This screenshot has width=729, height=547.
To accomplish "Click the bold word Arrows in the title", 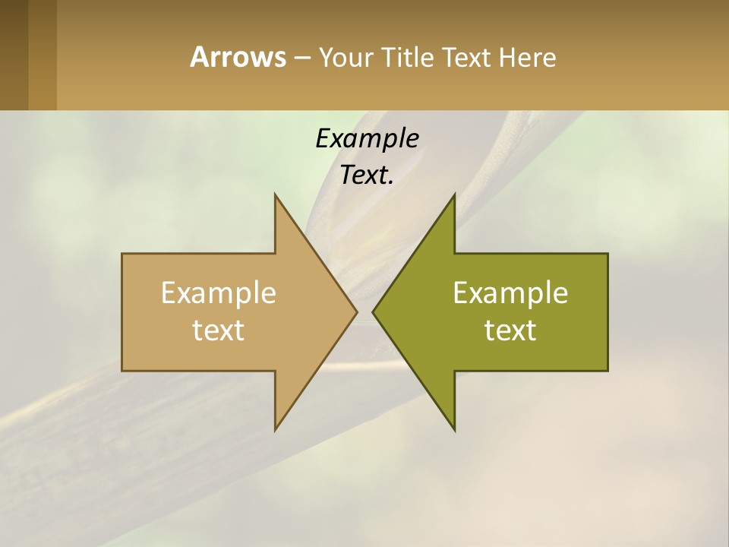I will [238, 57].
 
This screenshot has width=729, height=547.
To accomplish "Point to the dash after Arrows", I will [301, 58].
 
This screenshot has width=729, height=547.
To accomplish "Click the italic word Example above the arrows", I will [367, 138].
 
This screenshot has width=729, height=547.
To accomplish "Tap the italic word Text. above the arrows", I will [365, 175].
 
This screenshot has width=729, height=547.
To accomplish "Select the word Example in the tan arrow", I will [219, 292].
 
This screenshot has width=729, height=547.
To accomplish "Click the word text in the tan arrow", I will [219, 330].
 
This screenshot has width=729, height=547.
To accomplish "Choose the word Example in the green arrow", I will [510, 292].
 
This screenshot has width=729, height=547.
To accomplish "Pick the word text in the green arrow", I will [510, 330].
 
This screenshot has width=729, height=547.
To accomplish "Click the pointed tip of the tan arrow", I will [355, 311].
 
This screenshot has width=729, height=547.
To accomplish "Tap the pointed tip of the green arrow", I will [375, 311].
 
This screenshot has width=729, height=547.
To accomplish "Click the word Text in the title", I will [468, 57].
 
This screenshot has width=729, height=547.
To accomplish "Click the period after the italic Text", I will [391, 182].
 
